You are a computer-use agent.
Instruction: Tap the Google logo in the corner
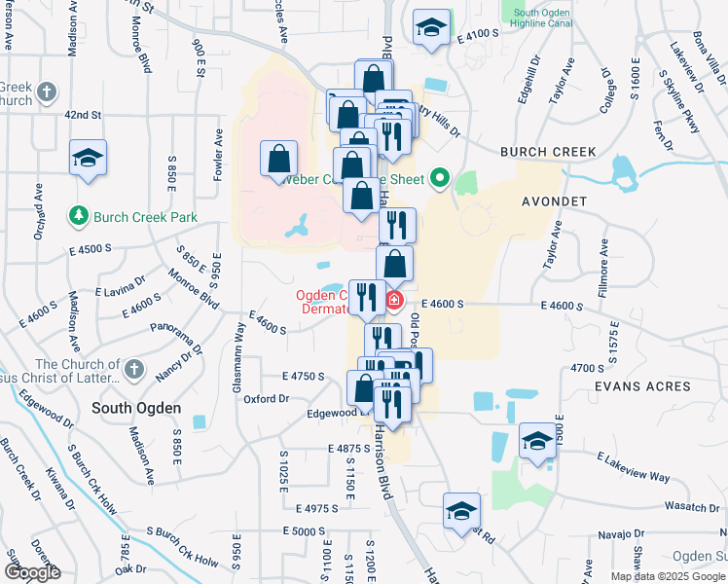[x=32, y=572]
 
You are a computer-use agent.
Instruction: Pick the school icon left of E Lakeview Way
[x=537, y=440]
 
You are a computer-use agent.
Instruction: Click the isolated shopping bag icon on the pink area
[x=279, y=159]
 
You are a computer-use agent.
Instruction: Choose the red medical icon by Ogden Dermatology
[x=394, y=301]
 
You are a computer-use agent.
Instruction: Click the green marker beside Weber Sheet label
[x=439, y=178]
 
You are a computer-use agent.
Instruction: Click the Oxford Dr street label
[x=267, y=398]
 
